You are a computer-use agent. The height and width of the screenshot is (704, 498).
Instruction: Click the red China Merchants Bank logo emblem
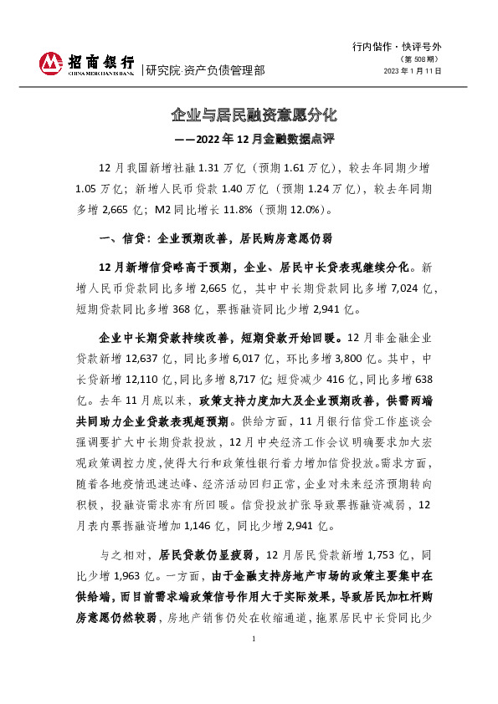[51, 64]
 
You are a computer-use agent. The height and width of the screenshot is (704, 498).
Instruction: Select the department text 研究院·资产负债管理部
[205, 70]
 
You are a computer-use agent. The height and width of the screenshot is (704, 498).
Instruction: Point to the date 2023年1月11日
[412, 72]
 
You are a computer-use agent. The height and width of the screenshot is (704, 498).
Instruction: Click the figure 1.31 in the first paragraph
[208, 167]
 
